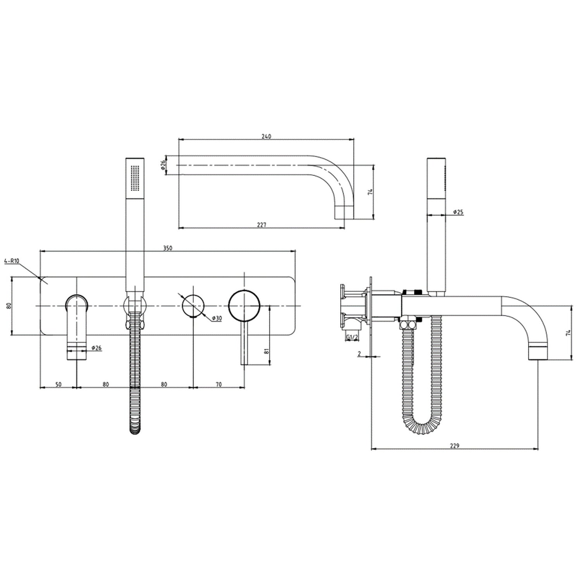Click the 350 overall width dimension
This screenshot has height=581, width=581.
[x=167, y=248]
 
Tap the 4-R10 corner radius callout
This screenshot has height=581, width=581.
[x=12, y=261]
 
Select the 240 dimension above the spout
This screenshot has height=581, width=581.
[x=266, y=136]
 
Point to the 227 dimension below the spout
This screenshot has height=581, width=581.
[x=262, y=225]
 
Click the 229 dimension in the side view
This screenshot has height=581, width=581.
[x=454, y=446]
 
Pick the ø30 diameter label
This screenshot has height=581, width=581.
[x=217, y=318]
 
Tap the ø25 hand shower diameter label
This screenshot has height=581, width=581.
[x=458, y=212]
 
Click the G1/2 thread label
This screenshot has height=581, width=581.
[x=352, y=337]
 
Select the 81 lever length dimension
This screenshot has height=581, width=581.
[x=266, y=351]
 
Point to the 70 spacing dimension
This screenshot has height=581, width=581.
[x=218, y=384]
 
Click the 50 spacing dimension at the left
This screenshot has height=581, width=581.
[x=58, y=384]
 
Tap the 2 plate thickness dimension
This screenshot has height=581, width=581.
[x=359, y=354]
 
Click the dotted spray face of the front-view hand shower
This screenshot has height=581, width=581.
[x=135, y=178]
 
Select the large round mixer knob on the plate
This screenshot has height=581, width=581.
[x=244, y=306]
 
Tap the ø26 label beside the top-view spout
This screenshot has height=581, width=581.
[x=163, y=166]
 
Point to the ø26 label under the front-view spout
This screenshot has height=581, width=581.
[x=96, y=348]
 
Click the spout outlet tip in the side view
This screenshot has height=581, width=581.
[x=539, y=352]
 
